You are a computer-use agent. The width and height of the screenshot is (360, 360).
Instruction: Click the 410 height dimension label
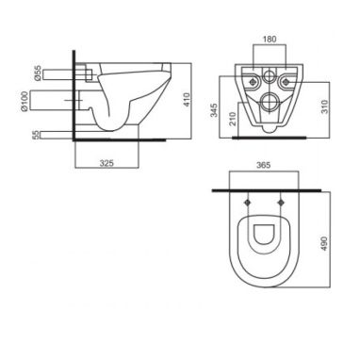(187, 99)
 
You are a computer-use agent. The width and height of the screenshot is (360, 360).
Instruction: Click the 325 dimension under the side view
(106, 163)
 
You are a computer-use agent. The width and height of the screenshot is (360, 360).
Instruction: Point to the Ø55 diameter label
(37, 74)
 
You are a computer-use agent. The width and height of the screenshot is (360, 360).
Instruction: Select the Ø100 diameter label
(25, 101)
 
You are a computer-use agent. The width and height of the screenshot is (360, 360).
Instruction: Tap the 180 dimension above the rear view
(270, 39)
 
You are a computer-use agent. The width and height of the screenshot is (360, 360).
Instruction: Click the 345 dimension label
(214, 110)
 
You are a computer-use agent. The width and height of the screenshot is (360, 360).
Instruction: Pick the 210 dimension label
(233, 119)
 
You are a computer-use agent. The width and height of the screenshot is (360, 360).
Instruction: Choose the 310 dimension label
(324, 106)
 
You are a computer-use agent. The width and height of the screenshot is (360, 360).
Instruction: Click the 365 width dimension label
(263, 165)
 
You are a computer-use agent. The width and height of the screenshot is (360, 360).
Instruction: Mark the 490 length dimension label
(324, 243)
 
